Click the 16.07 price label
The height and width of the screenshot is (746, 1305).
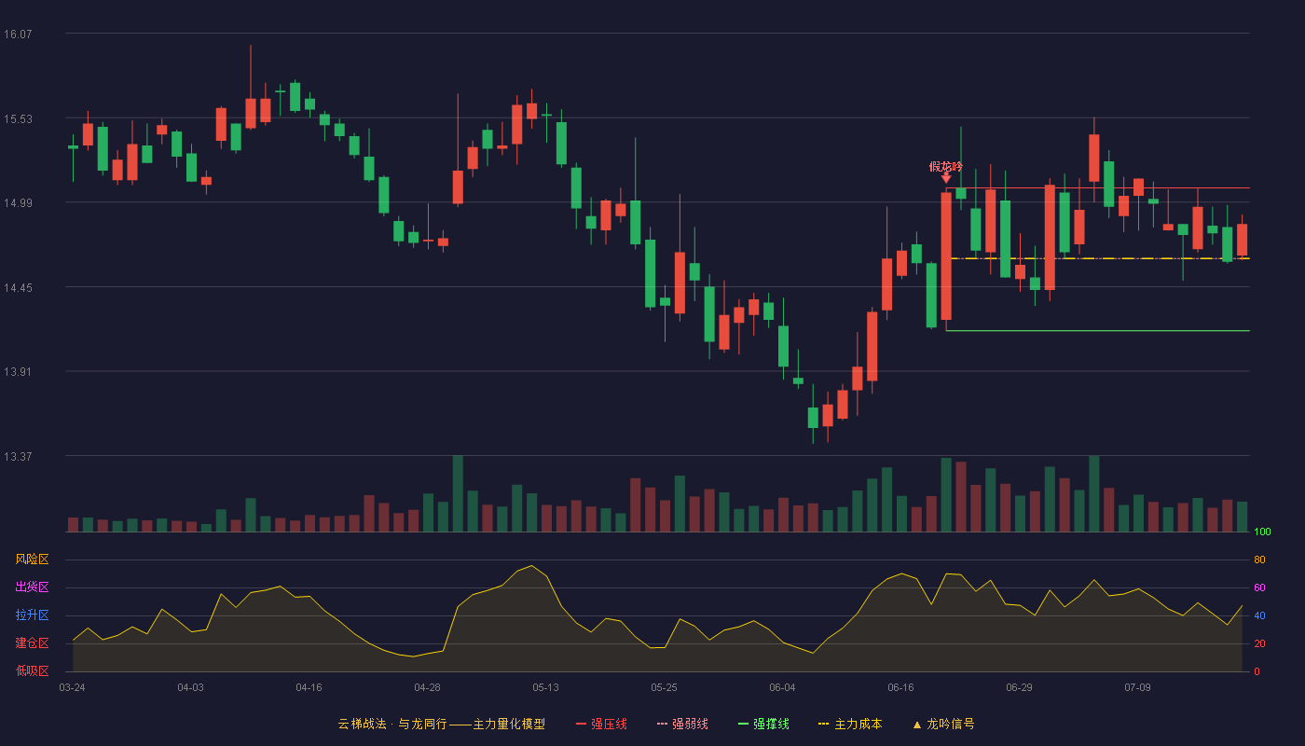pos(18,34)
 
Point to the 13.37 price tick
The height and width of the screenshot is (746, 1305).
pos(18,456)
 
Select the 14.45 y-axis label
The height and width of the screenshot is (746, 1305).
pos(18,288)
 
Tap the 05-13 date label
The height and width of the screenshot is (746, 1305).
pos(545,688)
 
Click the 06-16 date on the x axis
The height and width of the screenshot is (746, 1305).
pos(900,688)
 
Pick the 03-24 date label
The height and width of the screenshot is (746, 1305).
pos(73,688)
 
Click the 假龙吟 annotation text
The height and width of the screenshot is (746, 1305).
pos(945,167)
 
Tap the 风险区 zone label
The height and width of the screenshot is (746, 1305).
pos(32,559)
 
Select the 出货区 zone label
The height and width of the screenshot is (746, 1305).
pos(32,587)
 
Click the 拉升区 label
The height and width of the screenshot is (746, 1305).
pos(32,615)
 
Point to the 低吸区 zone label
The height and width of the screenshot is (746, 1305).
pos(32,670)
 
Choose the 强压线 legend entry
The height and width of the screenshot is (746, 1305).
pos(601,724)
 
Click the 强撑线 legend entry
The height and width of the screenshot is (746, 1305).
pos(763,724)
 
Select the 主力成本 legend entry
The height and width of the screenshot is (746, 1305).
pos(850,724)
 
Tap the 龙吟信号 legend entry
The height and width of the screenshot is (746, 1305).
pos(943,724)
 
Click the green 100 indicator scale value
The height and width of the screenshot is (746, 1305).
pos(1262,532)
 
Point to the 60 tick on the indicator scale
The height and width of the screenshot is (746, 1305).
pos(1259,587)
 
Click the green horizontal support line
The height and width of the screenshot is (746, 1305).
pos(1098,330)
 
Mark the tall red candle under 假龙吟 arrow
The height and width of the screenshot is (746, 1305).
pos(946,256)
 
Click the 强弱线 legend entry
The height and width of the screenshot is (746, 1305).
pos(682,724)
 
